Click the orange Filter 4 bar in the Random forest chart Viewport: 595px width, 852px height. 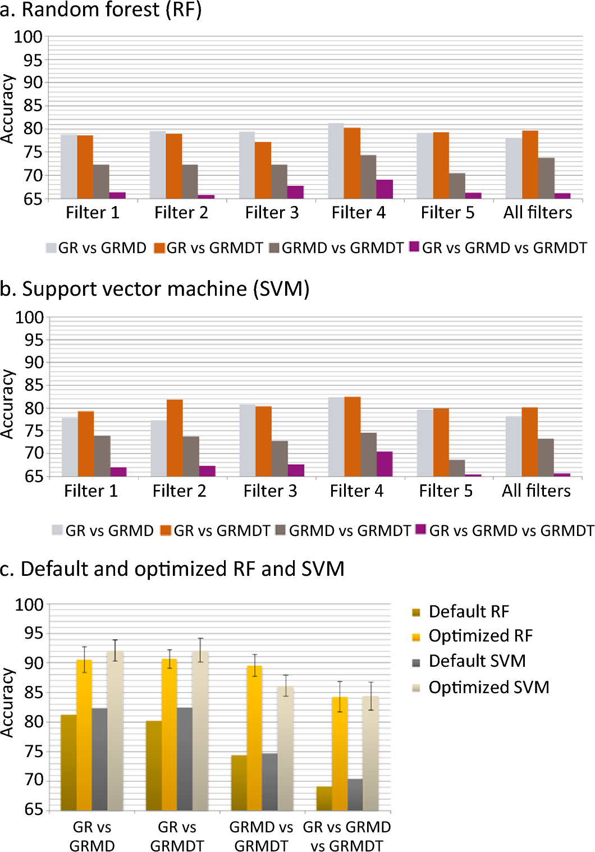click(352, 163)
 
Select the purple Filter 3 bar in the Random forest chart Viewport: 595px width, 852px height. click(295, 192)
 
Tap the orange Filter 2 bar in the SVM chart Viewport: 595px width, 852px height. click(175, 438)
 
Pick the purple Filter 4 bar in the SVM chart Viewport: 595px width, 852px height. click(384, 464)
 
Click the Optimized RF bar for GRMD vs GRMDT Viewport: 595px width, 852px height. click(254, 738)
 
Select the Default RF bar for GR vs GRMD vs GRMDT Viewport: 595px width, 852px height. click(324, 798)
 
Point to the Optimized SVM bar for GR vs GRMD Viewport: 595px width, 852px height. click(115, 730)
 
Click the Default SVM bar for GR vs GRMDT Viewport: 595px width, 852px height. click(185, 759)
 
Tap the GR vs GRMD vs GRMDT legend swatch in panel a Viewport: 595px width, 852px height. click(414, 247)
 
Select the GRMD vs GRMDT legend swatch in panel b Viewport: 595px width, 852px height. click(281, 530)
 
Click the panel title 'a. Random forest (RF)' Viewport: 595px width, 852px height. click(101, 10)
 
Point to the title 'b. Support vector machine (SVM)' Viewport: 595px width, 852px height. click(155, 288)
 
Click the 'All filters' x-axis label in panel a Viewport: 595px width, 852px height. click(537, 213)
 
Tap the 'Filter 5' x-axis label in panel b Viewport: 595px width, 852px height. click(446, 491)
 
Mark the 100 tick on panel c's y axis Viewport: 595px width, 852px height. click(29, 604)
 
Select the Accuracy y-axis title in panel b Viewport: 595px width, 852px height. click(7, 404)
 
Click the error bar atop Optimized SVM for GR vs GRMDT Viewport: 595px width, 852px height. click(200, 650)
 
